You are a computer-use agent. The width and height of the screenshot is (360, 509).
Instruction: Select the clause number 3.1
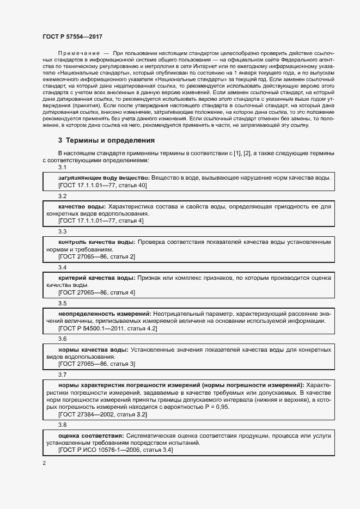pos(62,167)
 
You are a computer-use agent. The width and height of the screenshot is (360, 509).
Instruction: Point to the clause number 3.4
pos(62,267)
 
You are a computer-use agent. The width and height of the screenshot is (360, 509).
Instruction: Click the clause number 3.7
pos(62,375)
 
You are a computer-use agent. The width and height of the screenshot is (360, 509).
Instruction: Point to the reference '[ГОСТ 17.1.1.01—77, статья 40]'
pos(102,185)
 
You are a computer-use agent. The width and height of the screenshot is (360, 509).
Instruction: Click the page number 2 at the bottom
pos(44,463)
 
